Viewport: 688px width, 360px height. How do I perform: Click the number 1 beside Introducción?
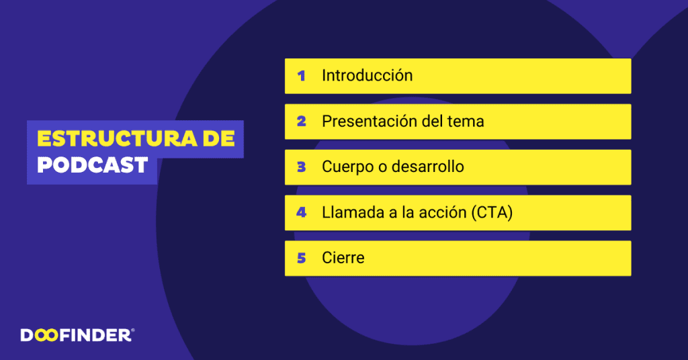[x=302, y=76]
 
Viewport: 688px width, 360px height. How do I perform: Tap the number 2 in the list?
[x=302, y=122]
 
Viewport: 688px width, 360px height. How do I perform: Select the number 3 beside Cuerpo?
[x=302, y=167]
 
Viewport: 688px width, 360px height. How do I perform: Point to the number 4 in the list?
[x=302, y=212]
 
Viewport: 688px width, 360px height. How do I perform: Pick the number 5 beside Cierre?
[x=302, y=258]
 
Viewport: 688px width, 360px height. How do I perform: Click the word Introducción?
[x=367, y=75]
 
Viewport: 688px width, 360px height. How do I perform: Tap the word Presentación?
[x=372, y=122]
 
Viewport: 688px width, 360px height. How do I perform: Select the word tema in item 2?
[x=466, y=122]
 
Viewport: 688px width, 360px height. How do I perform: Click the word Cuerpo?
[x=347, y=167]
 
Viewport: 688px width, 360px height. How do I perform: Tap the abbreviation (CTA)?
[x=492, y=213]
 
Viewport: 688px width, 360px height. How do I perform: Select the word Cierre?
[x=343, y=258]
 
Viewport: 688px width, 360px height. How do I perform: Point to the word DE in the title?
[x=219, y=139]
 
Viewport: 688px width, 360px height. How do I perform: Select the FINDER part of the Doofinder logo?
[x=95, y=335]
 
